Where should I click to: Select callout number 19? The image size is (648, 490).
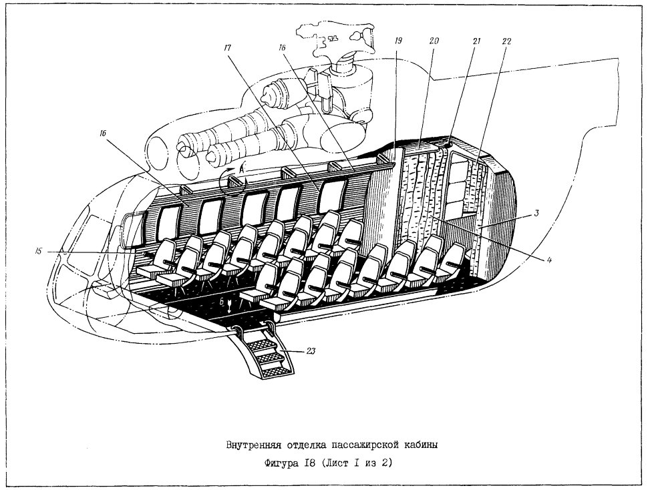398,41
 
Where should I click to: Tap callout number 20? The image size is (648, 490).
434,41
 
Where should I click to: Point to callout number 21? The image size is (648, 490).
476,41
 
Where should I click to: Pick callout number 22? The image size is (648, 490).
506,41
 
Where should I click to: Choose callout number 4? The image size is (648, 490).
549,260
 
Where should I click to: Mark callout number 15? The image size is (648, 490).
38,251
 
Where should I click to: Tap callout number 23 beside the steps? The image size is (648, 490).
311,351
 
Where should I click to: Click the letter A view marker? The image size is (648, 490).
242,168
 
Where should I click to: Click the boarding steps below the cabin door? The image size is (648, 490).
265,352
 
